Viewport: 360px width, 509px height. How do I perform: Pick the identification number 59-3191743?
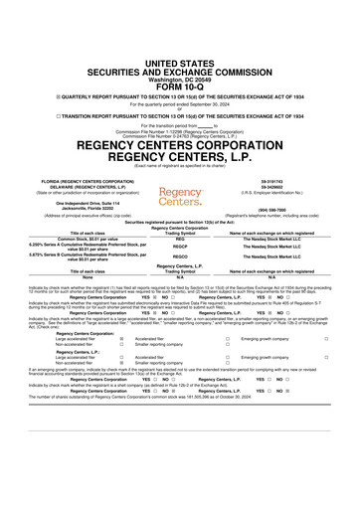[272, 152]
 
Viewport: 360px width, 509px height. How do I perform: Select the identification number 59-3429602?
[272, 159]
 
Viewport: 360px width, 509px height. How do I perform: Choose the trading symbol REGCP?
[180, 221]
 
